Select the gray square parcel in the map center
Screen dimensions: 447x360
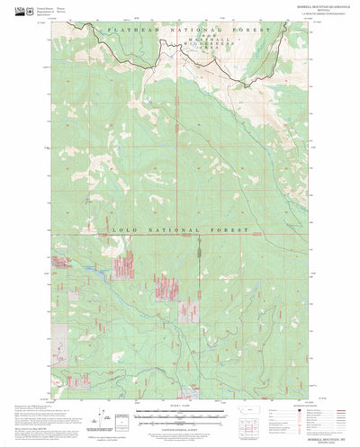click(188, 312)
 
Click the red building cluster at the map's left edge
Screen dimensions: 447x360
click(63, 263)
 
